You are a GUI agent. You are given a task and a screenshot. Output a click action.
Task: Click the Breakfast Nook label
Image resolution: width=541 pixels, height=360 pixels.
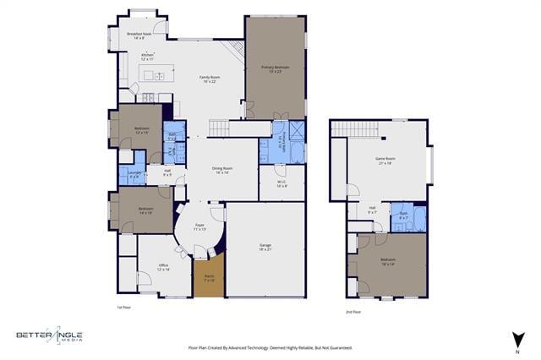click(135, 35)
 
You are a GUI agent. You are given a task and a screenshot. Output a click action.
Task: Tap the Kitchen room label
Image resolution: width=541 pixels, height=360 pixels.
click(147, 57)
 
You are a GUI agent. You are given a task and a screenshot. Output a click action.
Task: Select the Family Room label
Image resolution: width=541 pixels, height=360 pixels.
click(208, 79)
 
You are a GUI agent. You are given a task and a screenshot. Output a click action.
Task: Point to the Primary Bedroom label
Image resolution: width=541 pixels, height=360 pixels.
click(275, 68)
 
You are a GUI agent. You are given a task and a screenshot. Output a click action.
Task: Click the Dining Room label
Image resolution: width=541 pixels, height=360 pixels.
click(222, 169)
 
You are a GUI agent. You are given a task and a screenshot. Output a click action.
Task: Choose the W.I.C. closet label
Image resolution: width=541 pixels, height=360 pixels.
click(281, 183)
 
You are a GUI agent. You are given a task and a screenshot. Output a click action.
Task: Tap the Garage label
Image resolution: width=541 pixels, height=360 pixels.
click(265, 247)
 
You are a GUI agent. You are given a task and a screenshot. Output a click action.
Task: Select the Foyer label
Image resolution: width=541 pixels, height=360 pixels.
click(199, 226)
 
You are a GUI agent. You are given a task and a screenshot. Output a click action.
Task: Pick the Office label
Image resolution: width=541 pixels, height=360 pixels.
click(163, 267)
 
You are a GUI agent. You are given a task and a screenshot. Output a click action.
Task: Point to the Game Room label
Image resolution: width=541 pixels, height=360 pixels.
click(385, 161)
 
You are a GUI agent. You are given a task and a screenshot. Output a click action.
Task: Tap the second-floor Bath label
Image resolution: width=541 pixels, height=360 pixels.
click(404, 215)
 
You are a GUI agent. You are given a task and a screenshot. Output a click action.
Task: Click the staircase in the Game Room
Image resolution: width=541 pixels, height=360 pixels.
click(352, 128)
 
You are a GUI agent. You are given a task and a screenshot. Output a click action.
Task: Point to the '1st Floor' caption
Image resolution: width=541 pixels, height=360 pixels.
click(124, 307)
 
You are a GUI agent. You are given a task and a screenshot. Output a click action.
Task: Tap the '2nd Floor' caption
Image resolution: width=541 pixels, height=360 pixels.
click(352, 312)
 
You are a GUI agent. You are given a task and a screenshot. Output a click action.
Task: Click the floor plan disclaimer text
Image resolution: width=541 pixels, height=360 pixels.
click(270, 347)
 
